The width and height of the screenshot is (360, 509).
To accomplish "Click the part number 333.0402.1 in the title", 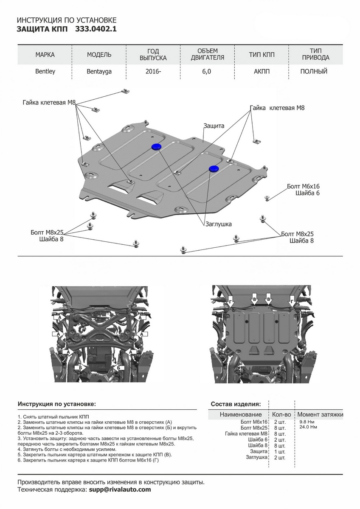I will tap(96, 29).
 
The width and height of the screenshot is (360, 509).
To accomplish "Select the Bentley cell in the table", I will tap(45, 71).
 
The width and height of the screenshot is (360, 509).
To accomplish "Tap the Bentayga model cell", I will tap(99, 71).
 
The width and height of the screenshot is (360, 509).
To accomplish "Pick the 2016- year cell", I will tap(153, 71).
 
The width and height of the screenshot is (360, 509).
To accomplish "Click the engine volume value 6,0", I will tap(207, 71).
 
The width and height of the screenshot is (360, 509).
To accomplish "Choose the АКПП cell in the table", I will tap(262, 71).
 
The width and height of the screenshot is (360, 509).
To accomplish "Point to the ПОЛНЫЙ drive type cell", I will tap(314, 71).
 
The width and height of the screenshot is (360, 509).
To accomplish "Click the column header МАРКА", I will tap(45, 55).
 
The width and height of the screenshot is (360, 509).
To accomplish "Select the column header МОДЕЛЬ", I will tap(99, 55).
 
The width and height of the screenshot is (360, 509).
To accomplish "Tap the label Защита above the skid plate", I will tap(214, 126).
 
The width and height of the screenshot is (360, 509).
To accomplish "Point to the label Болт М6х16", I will tap(303, 186).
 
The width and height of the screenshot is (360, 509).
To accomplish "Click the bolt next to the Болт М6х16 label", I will tap(267, 198).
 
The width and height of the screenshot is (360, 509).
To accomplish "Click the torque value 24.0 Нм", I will tap(308, 427).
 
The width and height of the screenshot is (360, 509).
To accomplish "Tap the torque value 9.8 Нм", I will tap(307, 422).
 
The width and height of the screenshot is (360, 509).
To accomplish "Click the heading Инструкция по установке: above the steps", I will tap(57, 403).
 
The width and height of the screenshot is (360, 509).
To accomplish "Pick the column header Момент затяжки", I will tap(320, 414).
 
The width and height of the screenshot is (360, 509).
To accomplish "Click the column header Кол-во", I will tap(281, 414).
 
